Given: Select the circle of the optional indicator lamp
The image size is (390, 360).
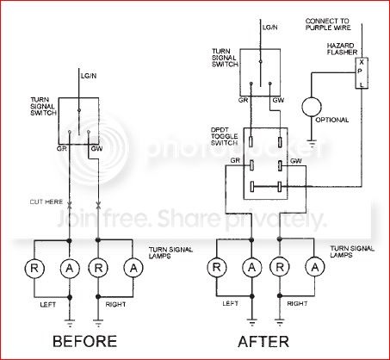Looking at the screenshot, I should (312, 109).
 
